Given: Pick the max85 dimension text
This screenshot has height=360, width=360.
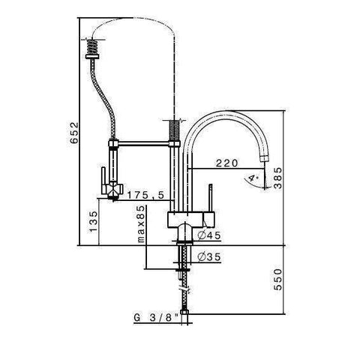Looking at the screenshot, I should pyautogui.click(x=140, y=223).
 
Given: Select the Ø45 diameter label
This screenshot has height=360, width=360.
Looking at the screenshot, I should pyautogui.click(x=208, y=235).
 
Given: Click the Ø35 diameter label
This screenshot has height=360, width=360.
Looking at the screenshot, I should pyautogui.click(x=208, y=257).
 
